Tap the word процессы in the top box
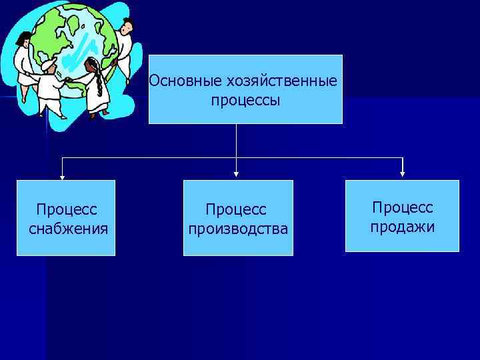click(245, 101)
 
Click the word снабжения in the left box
click(69, 229)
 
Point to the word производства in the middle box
click(238, 229)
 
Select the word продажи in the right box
click(403, 227)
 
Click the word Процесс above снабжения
click(67, 209)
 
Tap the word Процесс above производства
click(236, 209)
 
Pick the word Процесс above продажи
click(403, 207)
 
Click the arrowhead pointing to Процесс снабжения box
click(63, 177)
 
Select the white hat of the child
click(49, 65)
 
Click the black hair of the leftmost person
click(24, 37)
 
